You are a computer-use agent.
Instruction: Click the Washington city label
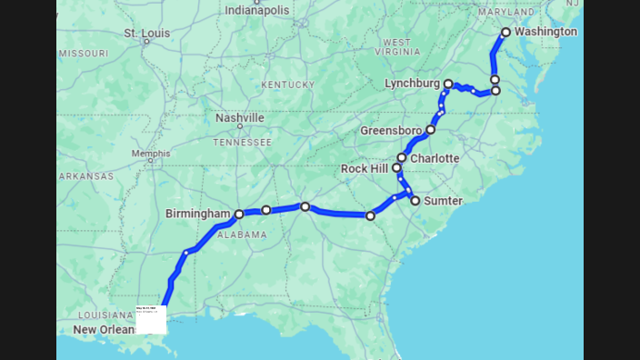[545, 32]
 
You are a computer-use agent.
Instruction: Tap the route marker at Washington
[506, 32]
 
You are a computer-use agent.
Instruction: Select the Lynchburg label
[412, 83]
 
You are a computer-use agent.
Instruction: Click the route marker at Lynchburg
[448, 84]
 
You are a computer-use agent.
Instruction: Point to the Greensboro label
[391, 130]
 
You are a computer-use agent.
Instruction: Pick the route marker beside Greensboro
[431, 129]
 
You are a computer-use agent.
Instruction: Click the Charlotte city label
[435, 158]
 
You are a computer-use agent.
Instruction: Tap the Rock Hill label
[364, 169]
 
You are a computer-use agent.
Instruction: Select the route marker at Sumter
[415, 201]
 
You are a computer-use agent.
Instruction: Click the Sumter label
[444, 201]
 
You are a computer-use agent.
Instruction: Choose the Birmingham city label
[197, 214]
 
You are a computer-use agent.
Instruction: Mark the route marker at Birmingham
[239, 215]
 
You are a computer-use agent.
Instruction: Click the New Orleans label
[104, 329]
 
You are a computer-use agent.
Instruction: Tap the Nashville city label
[240, 118]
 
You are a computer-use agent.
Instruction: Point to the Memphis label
[151, 154]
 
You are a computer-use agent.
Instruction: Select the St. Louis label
[146, 35]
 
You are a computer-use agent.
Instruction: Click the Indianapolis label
[258, 10]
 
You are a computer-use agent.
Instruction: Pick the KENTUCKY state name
[287, 85]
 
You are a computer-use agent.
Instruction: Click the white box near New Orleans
[151, 319]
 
